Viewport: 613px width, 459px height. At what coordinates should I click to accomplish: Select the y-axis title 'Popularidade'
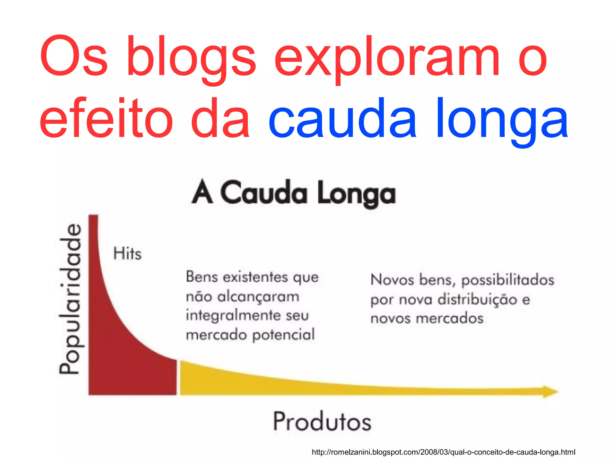point(70,299)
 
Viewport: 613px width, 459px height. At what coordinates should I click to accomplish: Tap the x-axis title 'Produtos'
point(322,422)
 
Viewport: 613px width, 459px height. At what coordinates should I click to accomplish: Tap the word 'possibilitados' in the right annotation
point(507,280)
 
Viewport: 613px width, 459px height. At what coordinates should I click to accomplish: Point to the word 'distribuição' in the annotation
point(477,300)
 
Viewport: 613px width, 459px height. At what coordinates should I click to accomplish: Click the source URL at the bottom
point(443,452)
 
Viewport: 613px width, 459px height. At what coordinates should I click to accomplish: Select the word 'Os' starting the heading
point(73,57)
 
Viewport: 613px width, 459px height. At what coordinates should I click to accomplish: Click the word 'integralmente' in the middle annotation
point(233,316)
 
